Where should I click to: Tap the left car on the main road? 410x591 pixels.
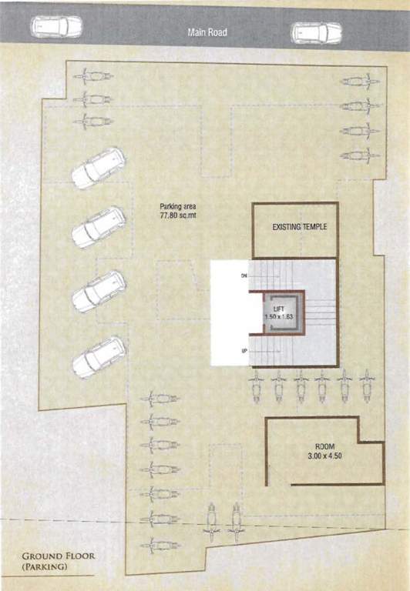tap(56, 27)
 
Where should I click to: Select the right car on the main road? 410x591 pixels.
tap(316, 32)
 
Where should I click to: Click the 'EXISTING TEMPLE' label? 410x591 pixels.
tap(300, 227)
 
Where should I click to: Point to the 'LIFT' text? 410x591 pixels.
tap(278, 309)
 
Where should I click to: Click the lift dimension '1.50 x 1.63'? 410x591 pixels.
tap(278, 317)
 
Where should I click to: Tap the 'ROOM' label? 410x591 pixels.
tap(324, 447)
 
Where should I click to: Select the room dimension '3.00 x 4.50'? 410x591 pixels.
tap(324, 456)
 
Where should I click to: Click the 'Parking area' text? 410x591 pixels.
tap(179, 206)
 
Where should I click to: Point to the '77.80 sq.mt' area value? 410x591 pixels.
tap(179, 215)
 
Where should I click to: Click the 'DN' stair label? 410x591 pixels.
tap(244, 275)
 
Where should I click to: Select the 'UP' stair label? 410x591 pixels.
tap(244, 352)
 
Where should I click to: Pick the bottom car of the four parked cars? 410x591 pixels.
tap(98, 356)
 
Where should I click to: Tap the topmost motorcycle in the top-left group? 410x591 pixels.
tap(94, 76)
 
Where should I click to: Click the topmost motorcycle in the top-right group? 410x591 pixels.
tap(360, 81)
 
